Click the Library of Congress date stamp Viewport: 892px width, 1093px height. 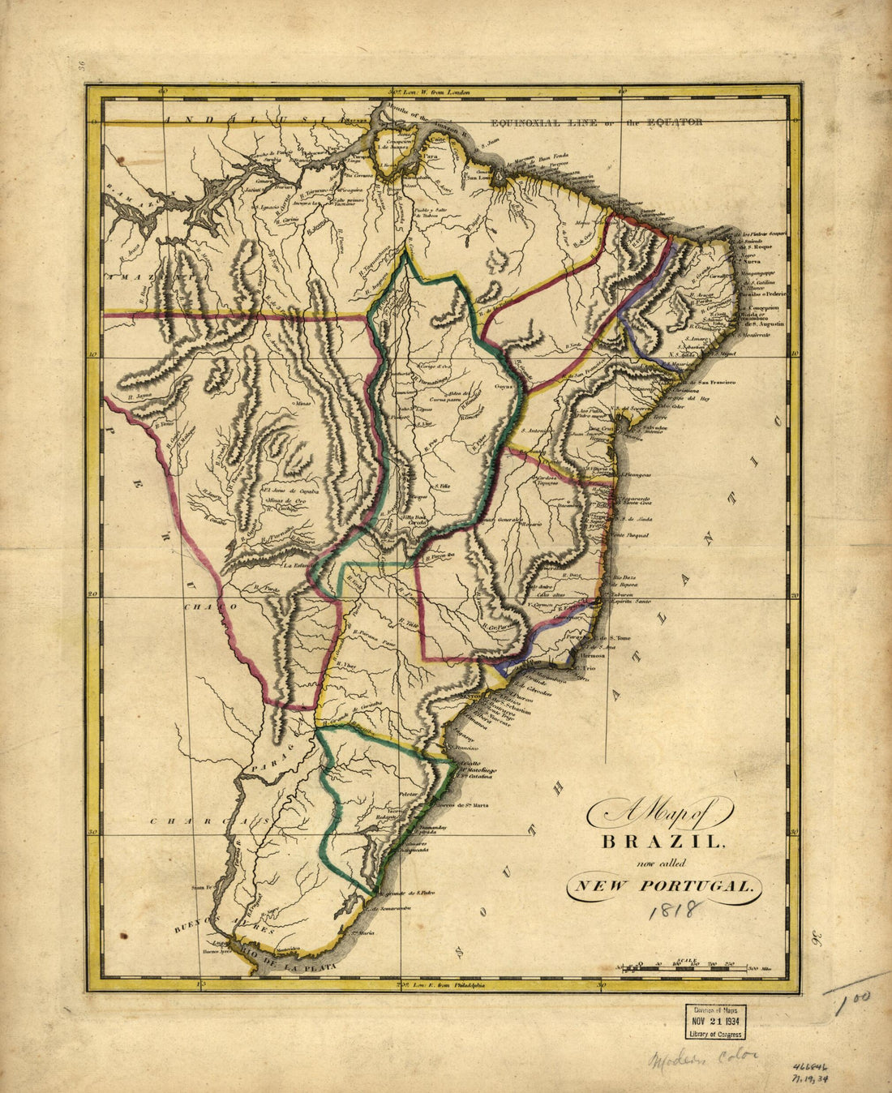click(714, 1022)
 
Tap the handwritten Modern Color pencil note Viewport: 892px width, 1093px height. click(702, 1058)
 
